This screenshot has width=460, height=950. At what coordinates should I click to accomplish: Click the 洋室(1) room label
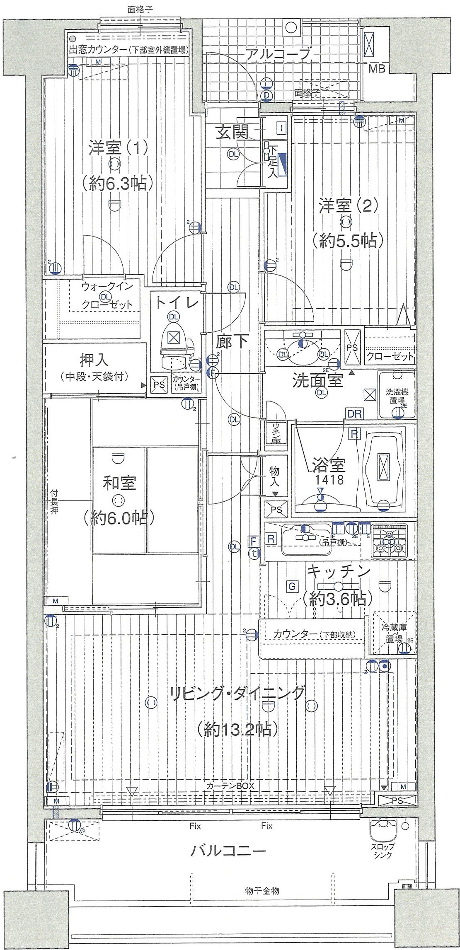(x=118, y=148)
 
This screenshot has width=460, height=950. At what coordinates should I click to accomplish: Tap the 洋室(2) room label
(x=348, y=206)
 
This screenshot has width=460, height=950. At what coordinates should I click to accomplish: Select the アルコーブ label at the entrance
(x=277, y=54)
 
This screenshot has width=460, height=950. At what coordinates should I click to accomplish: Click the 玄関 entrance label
(x=232, y=133)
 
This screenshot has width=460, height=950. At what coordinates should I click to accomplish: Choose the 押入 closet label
(x=94, y=360)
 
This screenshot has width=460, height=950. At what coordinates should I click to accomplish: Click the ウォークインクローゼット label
(x=107, y=295)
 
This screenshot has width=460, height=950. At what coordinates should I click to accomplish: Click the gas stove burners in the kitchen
(x=390, y=540)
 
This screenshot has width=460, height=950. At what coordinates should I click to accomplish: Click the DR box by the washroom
(x=355, y=413)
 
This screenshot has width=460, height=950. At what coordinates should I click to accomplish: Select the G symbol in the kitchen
(x=292, y=586)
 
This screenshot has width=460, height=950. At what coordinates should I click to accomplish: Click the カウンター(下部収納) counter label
(x=314, y=634)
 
